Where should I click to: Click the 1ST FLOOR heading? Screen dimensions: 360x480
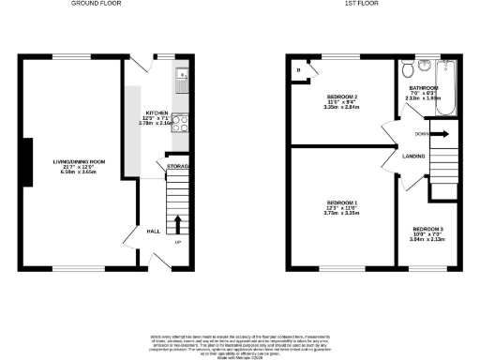point(361,5)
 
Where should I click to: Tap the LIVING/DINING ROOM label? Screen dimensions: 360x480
point(79,162)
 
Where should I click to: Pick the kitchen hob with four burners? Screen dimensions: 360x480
point(180,124)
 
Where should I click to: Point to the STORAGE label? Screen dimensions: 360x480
point(178,167)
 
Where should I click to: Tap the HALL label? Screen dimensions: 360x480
point(153,231)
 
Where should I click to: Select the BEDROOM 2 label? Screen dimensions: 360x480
point(342,97)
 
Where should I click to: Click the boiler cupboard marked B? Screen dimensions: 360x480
point(299,70)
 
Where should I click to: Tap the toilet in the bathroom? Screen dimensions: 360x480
point(407,72)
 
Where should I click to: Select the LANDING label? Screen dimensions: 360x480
point(413,156)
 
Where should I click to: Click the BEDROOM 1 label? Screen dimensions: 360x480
point(342,203)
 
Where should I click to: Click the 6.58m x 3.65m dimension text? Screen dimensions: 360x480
point(79,172)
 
